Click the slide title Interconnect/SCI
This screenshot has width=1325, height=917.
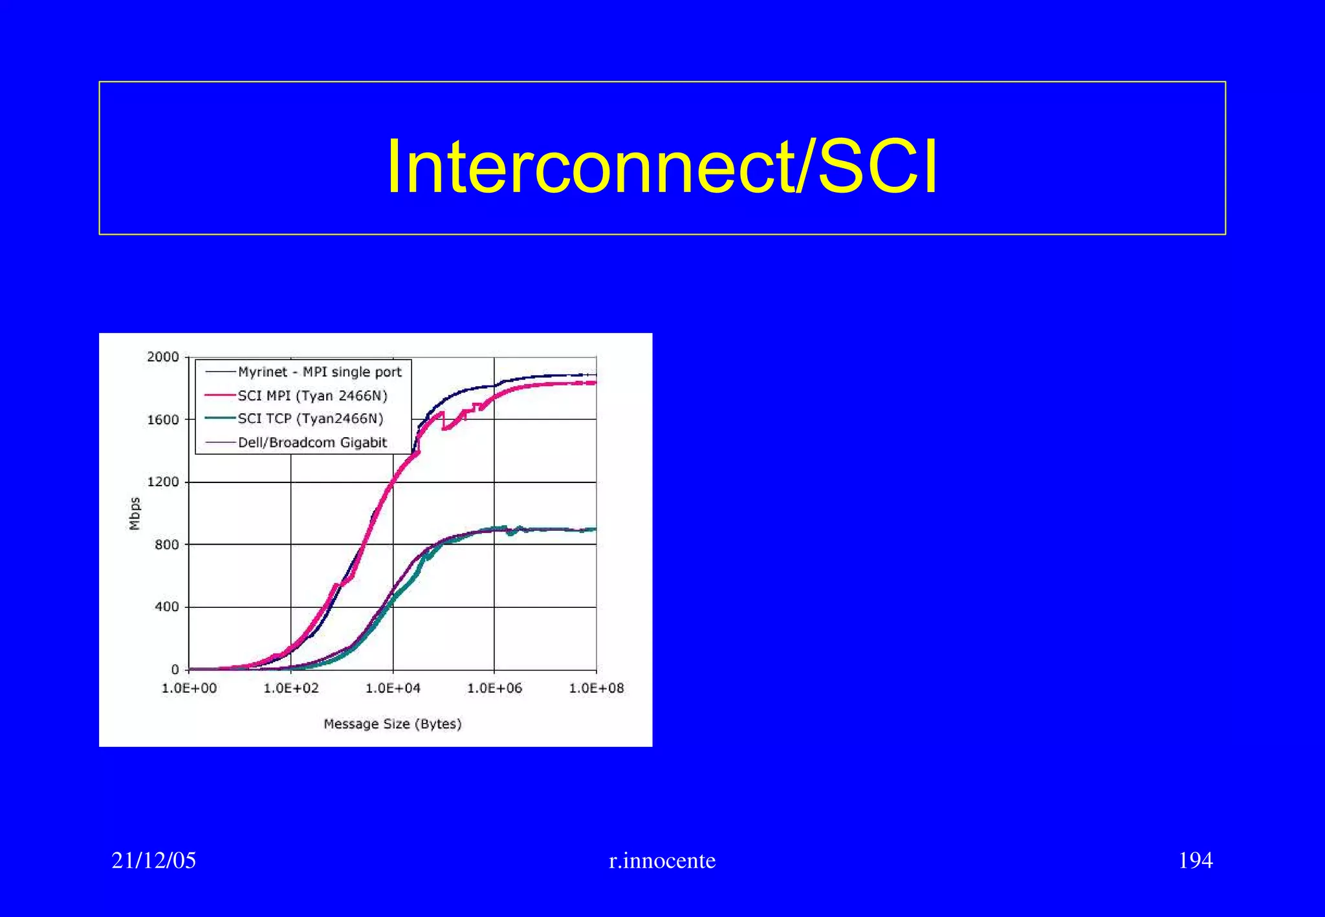(661, 167)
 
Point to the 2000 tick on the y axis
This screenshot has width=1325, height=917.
(162, 357)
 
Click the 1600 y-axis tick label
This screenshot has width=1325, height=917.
(162, 420)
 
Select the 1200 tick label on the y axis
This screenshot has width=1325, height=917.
(162, 482)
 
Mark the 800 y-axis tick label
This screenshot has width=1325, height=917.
(166, 545)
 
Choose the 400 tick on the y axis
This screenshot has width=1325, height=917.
(166, 607)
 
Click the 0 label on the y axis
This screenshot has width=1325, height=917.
(175, 670)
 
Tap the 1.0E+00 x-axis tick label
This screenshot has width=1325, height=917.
(189, 688)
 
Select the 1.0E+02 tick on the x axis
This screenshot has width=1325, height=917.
(291, 688)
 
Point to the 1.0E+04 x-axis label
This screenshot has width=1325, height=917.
(393, 688)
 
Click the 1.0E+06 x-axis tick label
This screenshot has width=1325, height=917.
(494, 688)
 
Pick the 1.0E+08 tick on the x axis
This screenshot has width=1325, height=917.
(596, 688)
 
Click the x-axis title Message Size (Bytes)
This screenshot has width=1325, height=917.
(393, 724)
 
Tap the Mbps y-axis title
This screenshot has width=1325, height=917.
(135, 513)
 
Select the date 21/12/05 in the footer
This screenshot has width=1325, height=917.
(154, 860)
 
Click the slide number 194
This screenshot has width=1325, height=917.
(1195, 860)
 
